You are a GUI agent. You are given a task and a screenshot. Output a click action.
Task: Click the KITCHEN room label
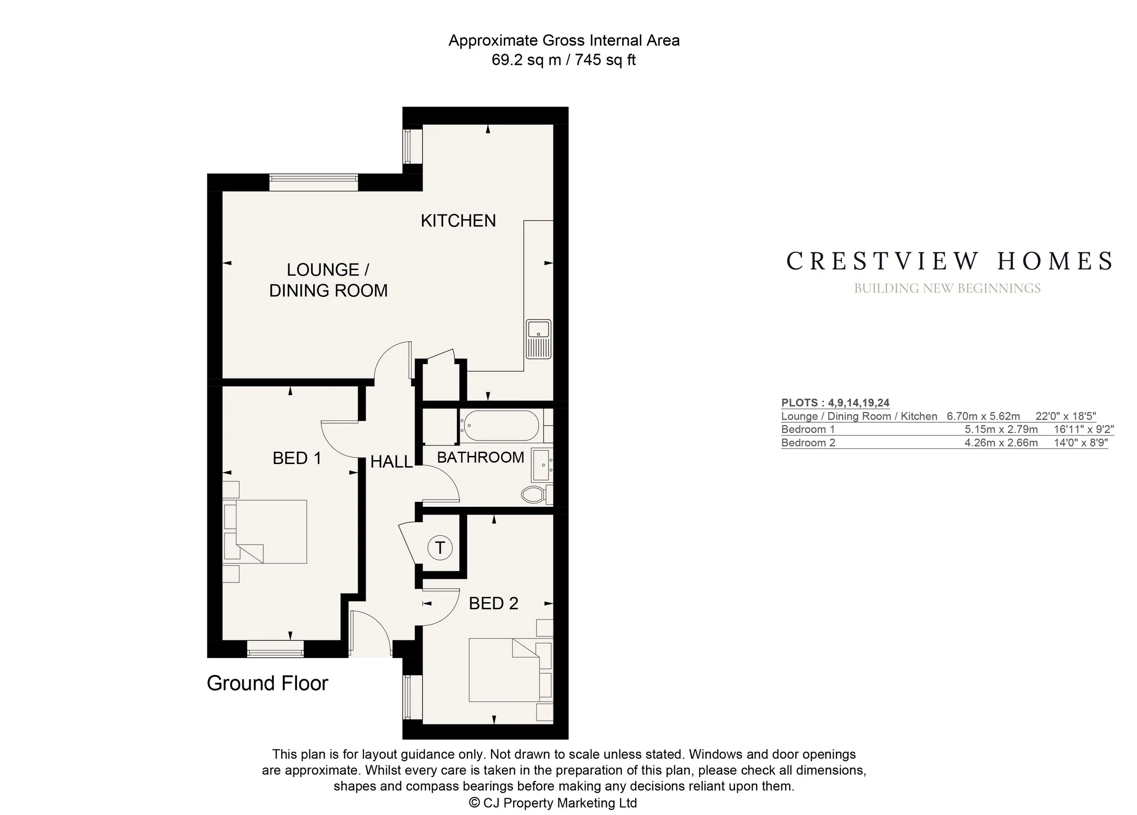click(x=458, y=221)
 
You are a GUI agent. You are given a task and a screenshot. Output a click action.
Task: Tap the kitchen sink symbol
click(x=538, y=339)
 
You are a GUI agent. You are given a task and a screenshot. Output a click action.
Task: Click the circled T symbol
click(x=440, y=548)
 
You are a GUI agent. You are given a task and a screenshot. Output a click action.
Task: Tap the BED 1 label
click(x=297, y=458)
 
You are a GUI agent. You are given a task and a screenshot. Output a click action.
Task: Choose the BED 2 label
click(x=493, y=604)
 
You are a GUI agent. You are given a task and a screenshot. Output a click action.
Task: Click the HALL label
click(x=392, y=462)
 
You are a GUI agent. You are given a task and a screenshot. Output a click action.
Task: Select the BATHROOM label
click(x=480, y=457)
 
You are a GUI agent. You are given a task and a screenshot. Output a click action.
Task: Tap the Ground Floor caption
click(x=267, y=683)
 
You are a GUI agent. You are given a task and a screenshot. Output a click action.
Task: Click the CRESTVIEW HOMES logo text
click(x=949, y=261)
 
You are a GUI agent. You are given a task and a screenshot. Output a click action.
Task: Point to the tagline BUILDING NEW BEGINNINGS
click(x=947, y=289)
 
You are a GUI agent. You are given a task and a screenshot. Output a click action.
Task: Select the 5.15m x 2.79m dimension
click(x=1001, y=429)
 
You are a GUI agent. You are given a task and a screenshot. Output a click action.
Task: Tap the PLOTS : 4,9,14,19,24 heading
click(x=835, y=403)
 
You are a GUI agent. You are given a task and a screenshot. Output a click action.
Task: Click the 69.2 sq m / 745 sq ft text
click(x=563, y=60)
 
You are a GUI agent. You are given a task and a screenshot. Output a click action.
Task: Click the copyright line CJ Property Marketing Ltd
click(x=553, y=803)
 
